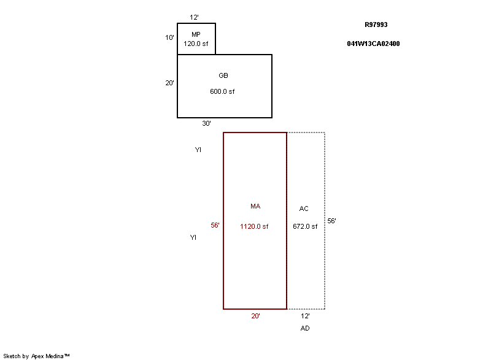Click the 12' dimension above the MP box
click(x=194, y=17)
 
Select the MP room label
click(x=196, y=34)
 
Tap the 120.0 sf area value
click(x=196, y=44)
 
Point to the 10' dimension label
click(x=169, y=37)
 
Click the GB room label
click(x=223, y=75)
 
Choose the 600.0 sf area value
click(x=222, y=91)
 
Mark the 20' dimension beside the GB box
click(x=169, y=83)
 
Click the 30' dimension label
click(x=206, y=123)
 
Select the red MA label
click(x=255, y=206)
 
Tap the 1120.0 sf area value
click(x=254, y=226)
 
